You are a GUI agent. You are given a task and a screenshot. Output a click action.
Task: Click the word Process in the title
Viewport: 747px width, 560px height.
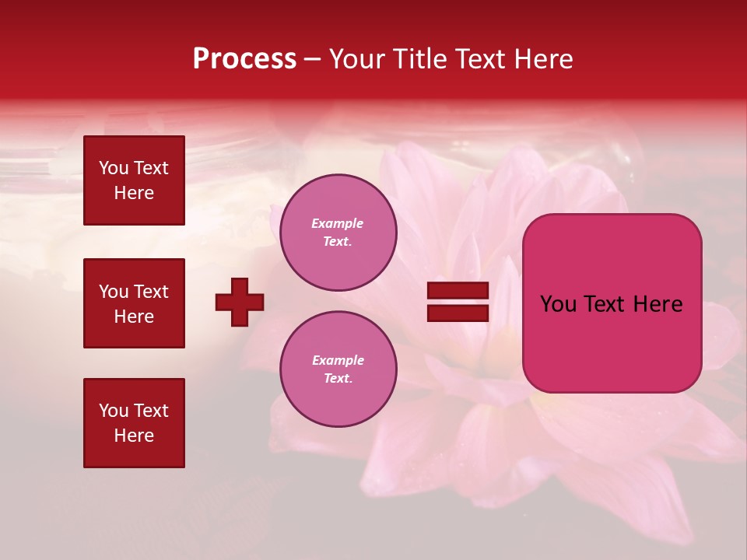[244, 59]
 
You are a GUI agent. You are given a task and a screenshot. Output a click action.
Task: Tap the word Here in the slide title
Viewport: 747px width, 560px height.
[543, 59]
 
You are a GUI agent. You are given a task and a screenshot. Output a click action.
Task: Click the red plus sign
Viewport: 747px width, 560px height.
[240, 302]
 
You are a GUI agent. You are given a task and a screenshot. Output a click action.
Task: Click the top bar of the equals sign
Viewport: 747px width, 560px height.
[458, 291]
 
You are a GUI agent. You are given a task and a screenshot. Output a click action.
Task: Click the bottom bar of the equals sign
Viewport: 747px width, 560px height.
[458, 313]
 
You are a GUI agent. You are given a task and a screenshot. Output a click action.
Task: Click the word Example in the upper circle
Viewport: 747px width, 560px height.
[338, 223]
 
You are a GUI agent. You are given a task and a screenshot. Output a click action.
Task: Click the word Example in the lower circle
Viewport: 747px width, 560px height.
[338, 360]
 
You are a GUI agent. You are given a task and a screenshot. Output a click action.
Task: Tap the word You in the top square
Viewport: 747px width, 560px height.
[114, 168]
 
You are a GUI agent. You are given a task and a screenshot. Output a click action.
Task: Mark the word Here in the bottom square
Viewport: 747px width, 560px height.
[134, 436]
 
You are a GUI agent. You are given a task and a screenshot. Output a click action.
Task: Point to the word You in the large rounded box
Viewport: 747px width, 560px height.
[558, 304]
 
